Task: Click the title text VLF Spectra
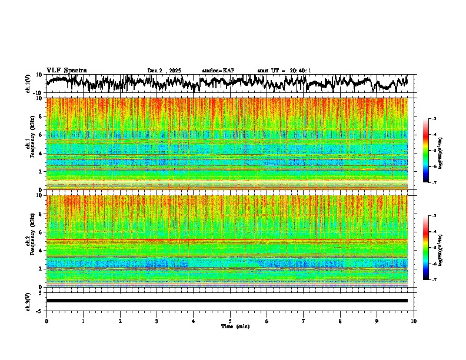click(66, 70)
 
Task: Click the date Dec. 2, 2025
click(165, 71)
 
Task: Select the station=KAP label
click(218, 71)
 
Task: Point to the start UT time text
click(284, 71)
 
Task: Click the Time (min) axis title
click(235, 326)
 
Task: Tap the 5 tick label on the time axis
click(230, 321)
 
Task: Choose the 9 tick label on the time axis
click(377, 321)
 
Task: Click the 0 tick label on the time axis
click(46, 321)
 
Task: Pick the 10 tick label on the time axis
click(414, 321)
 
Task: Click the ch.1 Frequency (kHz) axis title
click(31, 144)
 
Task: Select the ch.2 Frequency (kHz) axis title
click(31, 241)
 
